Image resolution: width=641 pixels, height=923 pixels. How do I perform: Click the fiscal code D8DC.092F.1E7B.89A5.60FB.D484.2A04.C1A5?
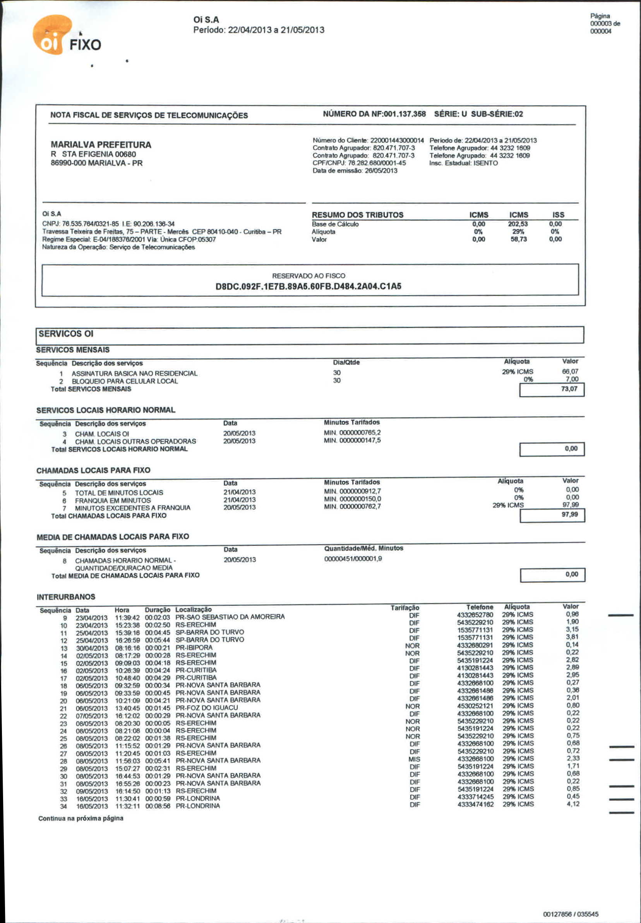308,287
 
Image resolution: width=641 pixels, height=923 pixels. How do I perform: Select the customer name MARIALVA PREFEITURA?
101,145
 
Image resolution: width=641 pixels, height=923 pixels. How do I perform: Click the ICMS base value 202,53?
518,224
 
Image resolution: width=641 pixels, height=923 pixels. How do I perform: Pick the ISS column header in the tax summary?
558,215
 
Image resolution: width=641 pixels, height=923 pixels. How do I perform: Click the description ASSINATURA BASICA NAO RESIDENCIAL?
135,373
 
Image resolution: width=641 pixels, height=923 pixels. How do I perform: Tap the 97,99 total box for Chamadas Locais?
569,514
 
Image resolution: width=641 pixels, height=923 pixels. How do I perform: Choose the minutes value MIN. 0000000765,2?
352,432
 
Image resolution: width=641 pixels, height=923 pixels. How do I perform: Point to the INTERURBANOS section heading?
66,597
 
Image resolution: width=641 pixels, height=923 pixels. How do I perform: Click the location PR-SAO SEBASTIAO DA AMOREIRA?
230,617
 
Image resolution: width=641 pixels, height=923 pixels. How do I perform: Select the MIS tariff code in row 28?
414,759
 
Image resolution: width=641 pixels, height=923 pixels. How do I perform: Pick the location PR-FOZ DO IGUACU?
206,708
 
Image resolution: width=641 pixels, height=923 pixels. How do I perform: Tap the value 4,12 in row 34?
573,804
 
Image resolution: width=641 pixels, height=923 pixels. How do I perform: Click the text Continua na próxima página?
81,818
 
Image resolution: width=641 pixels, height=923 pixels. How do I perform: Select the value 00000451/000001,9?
353,559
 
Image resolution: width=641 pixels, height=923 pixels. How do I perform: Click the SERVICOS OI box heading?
66,334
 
